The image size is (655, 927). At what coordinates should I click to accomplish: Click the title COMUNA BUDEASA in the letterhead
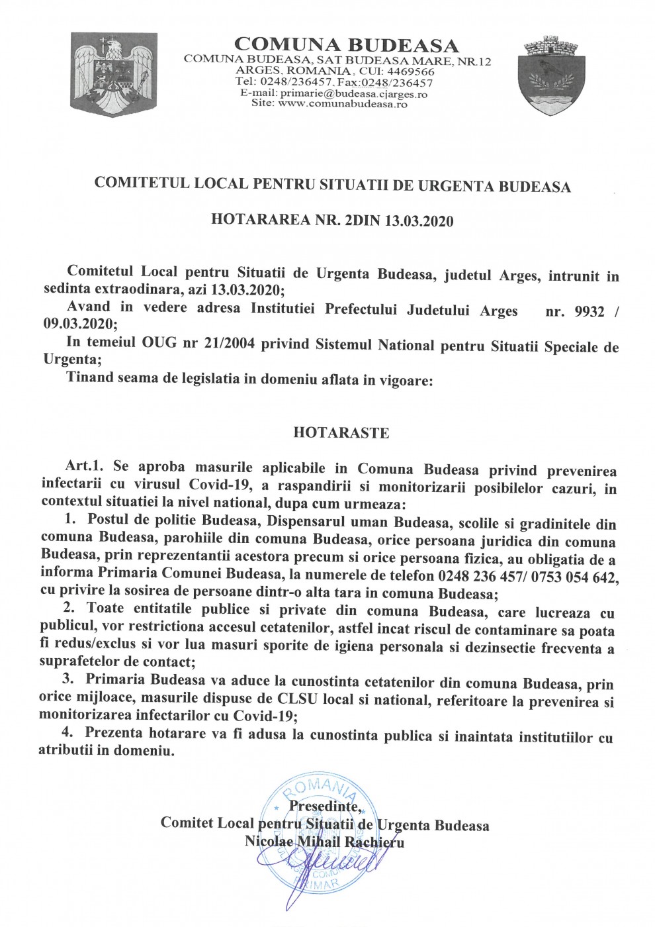tap(347, 46)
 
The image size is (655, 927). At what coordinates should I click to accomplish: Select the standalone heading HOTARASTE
tap(341, 433)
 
